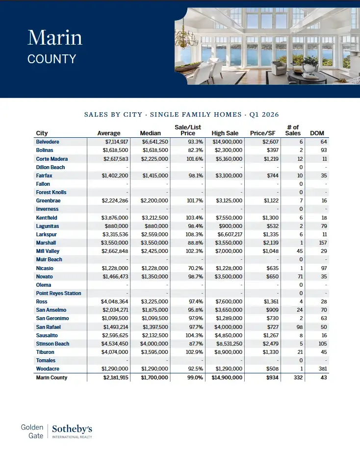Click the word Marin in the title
(55, 38)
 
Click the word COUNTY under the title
(52, 59)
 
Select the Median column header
(151, 133)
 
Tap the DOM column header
(317, 133)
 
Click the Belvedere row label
(48, 142)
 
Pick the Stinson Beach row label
(52, 344)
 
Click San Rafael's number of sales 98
(299, 327)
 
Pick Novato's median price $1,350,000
(155, 276)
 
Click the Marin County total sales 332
(297, 377)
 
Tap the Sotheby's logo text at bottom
(72, 429)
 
